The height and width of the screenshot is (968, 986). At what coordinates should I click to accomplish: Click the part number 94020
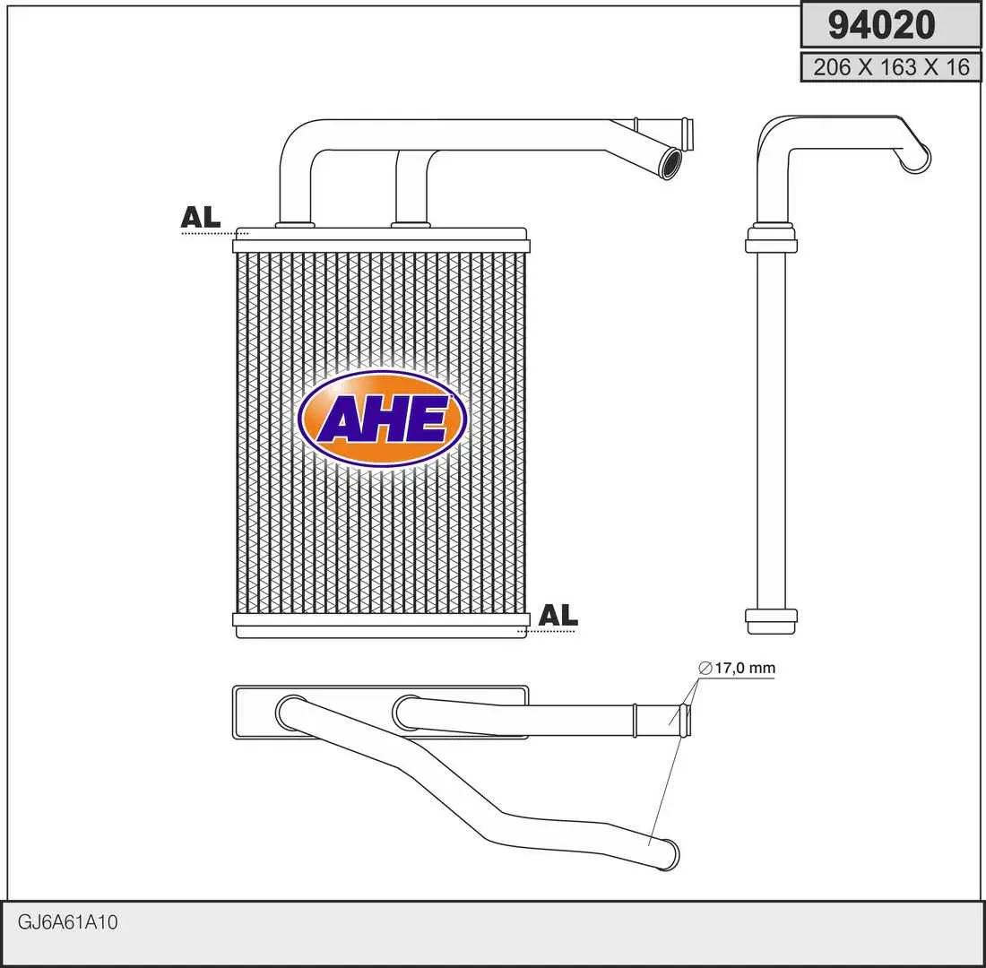coord(881,24)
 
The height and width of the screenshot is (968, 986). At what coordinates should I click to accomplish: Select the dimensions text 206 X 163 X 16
coord(891,66)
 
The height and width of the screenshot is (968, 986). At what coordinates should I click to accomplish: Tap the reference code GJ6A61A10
coord(67,922)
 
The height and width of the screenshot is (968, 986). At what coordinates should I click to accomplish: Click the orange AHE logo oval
coord(382,419)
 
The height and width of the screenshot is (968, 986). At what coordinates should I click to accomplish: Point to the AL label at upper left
coord(201,217)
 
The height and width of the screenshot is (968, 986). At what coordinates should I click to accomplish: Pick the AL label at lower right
coord(558,615)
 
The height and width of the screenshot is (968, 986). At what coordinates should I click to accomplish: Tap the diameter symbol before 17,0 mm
coord(705,668)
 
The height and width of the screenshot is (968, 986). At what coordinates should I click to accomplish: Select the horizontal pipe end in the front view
coord(688,134)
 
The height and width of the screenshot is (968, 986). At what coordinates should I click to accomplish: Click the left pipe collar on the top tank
coord(295,224)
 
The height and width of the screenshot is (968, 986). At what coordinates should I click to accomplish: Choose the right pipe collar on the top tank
coord(411,224)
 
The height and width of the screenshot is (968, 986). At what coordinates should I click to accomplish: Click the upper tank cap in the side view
coord(771,239)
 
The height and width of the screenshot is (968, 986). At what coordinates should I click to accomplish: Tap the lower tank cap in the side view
coord(771,621)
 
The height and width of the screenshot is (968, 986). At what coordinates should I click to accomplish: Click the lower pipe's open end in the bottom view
coord(667,854)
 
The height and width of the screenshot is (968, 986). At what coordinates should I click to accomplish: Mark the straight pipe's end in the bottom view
coord(686,721)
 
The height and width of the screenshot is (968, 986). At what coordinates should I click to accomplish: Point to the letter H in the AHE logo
coord(383,419)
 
